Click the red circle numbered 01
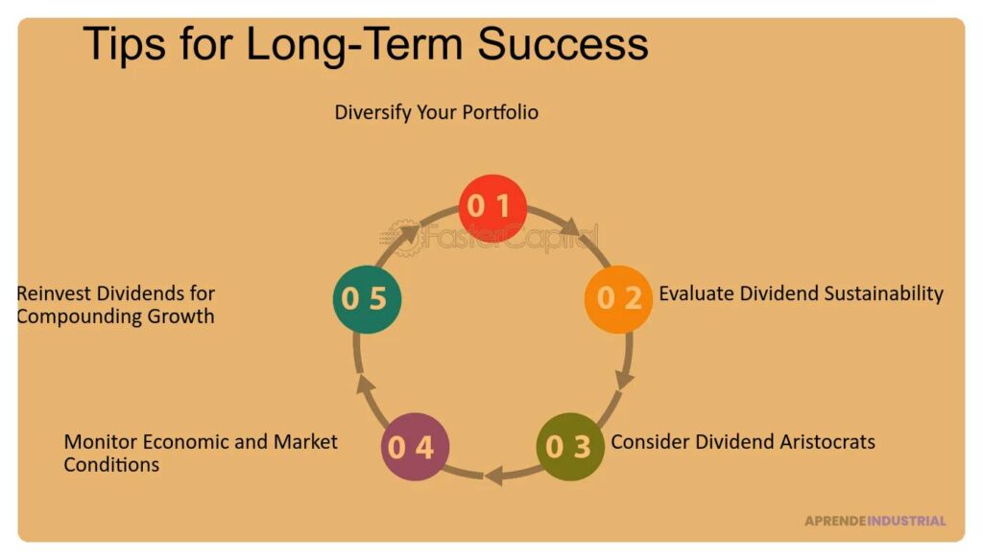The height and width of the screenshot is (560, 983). [492, 208]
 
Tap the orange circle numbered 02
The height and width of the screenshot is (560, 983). [618, 299]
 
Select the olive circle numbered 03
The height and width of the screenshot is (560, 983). [570, 447]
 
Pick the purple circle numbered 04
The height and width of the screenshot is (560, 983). [415, 447]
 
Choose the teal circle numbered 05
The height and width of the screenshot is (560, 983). [368, 299]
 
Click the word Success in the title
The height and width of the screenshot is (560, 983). [563, 44]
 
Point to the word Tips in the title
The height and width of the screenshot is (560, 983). [124, 45]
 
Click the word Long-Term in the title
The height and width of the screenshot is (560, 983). [355, 45]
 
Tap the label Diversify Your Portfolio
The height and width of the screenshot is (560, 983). [437, 113]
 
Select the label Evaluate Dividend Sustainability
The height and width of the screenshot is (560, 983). [802, 293]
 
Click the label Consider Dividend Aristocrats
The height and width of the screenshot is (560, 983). [743, 442]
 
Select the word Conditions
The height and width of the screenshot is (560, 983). [111, 465]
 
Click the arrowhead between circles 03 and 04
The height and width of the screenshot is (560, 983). [494, 476]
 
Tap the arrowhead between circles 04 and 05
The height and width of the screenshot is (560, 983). [366, 385]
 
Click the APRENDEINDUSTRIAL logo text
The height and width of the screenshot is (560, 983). [875, 521]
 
